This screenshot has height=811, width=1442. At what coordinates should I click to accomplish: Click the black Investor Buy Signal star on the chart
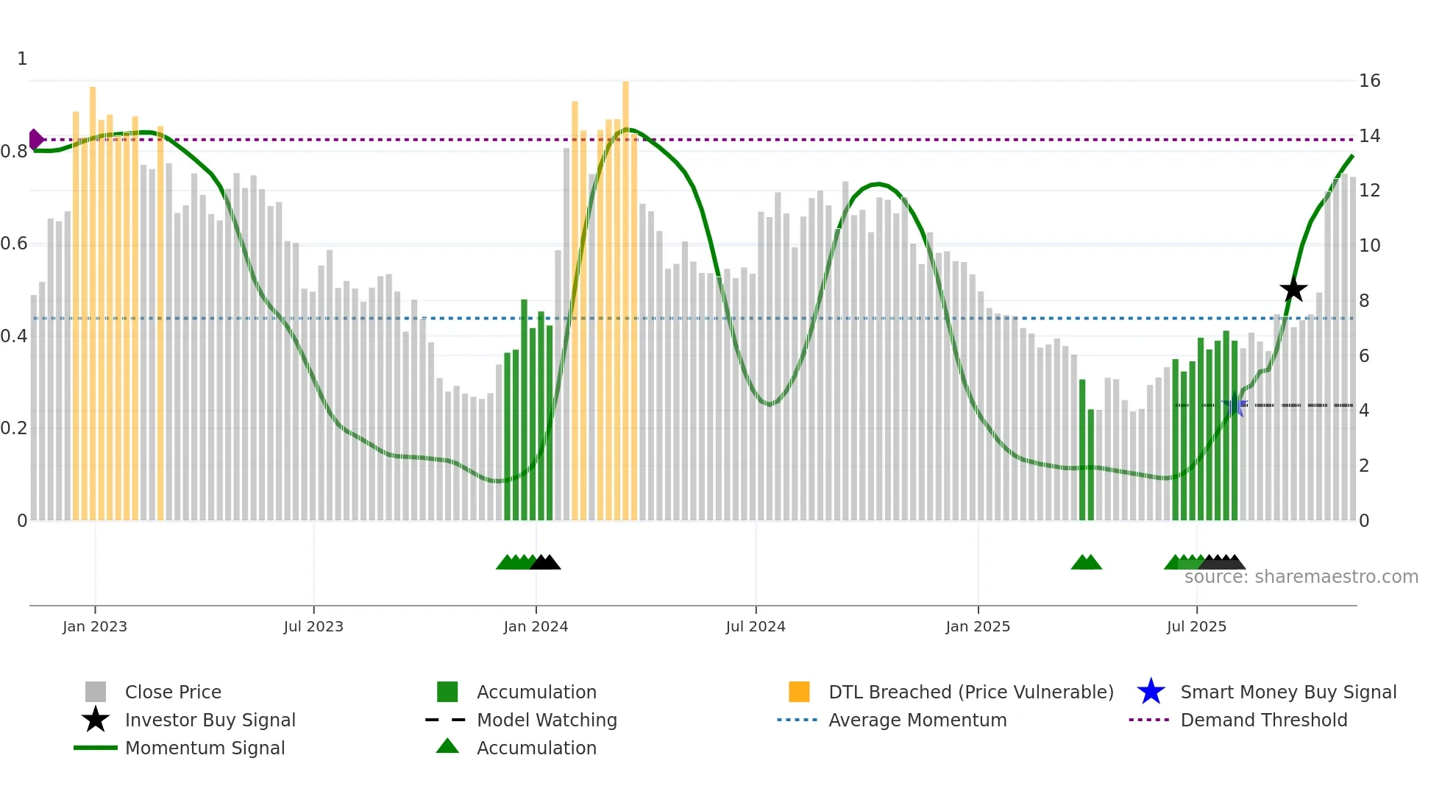1293,289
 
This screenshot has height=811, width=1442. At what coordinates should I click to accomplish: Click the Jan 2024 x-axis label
536,626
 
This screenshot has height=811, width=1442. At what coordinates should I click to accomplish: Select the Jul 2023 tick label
313,626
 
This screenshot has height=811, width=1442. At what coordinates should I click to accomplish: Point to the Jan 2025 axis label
978,626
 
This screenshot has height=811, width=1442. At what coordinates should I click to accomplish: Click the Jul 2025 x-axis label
1196,626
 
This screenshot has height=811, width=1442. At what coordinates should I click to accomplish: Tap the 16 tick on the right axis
1369,81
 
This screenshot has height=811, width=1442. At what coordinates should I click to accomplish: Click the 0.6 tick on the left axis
14,244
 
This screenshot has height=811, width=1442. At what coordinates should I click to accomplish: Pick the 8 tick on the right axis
1364,300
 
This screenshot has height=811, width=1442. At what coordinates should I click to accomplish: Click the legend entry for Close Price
173,692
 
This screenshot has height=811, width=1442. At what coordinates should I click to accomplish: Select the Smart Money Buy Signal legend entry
1288,692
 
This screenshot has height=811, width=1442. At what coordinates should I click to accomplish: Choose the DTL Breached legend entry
970,692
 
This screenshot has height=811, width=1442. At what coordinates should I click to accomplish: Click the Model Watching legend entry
547,720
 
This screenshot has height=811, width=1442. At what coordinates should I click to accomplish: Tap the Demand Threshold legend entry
1263,720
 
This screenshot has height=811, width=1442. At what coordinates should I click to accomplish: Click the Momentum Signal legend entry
205,748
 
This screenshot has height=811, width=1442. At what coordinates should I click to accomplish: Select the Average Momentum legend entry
917,720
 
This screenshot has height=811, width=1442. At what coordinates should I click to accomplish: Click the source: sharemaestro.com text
1301,577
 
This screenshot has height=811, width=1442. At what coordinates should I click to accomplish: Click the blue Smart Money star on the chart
1234,405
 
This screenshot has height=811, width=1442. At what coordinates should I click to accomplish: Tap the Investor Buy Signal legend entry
210,720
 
